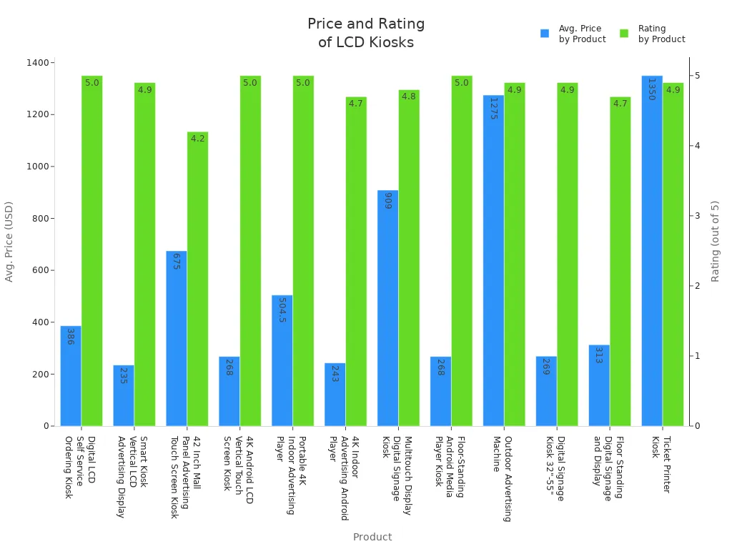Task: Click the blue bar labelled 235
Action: [123, 397]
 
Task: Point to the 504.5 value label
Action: [282, 310]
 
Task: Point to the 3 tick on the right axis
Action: [697, 216]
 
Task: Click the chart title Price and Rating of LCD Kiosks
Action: [366, 34]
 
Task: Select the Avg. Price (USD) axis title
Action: [9, 241]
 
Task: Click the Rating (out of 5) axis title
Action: [716, 241]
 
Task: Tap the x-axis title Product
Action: [372, 537]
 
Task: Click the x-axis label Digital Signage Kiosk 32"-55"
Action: [555, 468]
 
